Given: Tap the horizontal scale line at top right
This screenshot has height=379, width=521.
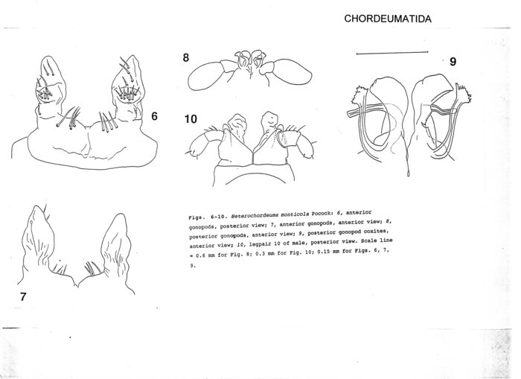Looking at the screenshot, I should pyautogui.click(x=393, y=54).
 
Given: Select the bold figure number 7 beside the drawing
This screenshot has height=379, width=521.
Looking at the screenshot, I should pyautogui.click(x=24, y=297).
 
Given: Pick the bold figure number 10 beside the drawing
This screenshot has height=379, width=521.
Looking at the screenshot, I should pyautogui.click(x=191, y=118).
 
